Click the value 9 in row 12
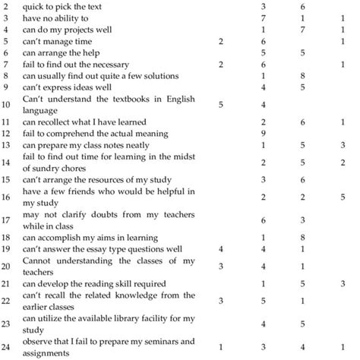[262, 132]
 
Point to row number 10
[6, 104]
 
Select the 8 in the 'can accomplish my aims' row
[302, 238]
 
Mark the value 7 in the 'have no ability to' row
[262, 17]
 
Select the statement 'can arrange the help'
[62, 52]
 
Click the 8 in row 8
[302, 76]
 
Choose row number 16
[6, 197]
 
